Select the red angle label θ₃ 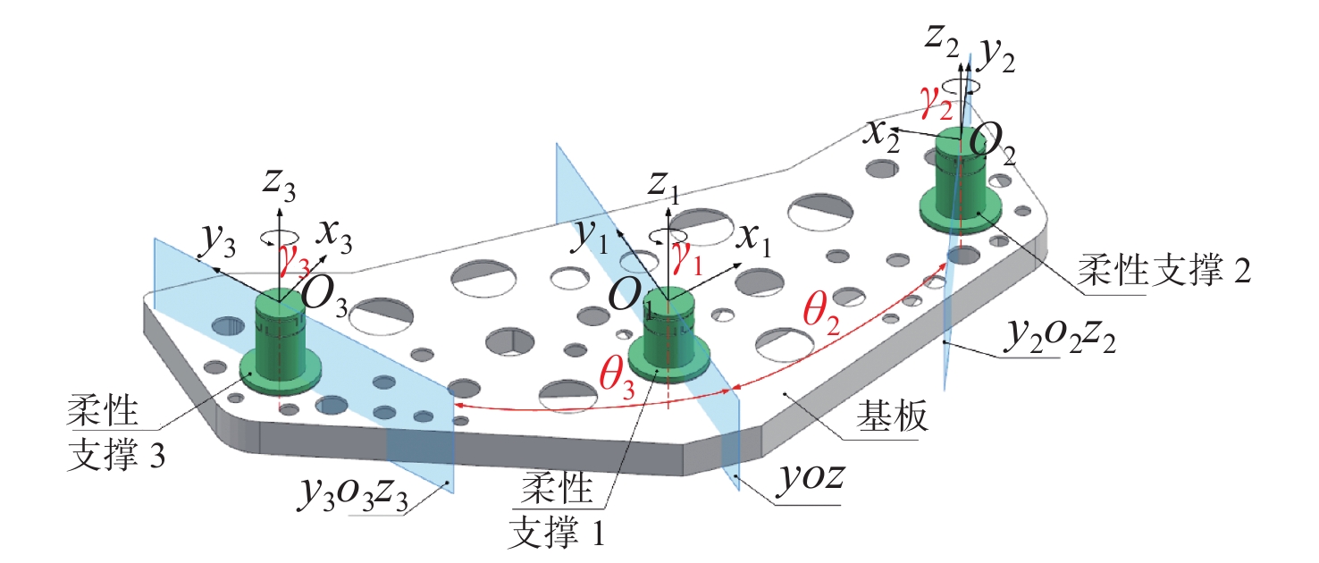[615, 379]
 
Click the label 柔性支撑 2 [1163, 265]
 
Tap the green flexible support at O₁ [670, 340]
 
